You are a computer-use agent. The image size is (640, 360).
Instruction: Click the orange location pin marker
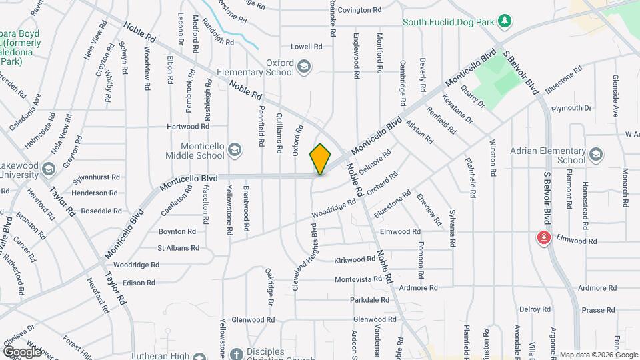[x=321, y=159]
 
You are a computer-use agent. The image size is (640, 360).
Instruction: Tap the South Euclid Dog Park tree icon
[x=505, y=21]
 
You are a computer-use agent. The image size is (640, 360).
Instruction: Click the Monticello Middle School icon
[x=234, y=150]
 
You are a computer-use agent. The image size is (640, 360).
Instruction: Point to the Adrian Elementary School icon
[x=595, y=155]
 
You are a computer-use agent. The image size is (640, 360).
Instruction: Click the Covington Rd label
[x=359, y=11]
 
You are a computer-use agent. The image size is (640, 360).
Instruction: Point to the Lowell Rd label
[x=306, y=47]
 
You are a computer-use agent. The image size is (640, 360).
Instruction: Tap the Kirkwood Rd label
[x=355, y=259]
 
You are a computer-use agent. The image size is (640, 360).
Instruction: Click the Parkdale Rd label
[x=369, y=300]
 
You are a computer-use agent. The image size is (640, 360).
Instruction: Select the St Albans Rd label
[x=178, y=248]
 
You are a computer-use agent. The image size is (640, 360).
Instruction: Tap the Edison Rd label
[x=139, y=283]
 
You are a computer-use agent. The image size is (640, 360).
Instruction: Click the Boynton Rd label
[x=177, y=231]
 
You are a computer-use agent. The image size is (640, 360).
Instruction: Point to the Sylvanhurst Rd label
[x=97, y=177]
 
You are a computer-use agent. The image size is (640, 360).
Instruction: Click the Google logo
[x=22, y=351]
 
